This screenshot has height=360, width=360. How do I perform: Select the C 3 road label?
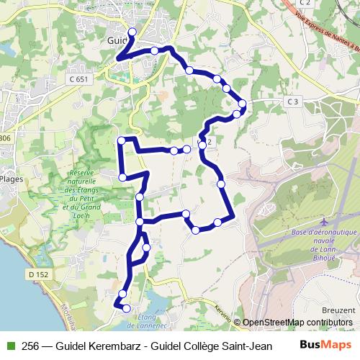click(x=292, y=102)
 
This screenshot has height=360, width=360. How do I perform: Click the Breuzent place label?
click(x=338, y=310)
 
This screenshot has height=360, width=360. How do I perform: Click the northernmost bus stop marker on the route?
click(x=132, y=32)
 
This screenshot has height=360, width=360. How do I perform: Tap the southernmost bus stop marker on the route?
click(x=127, y=308)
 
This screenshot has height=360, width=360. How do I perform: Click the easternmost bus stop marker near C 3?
click(x=243, y=104)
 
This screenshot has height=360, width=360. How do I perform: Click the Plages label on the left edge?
click(x=12, y=179)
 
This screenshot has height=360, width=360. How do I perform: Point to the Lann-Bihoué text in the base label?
click(x=323, y=253)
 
